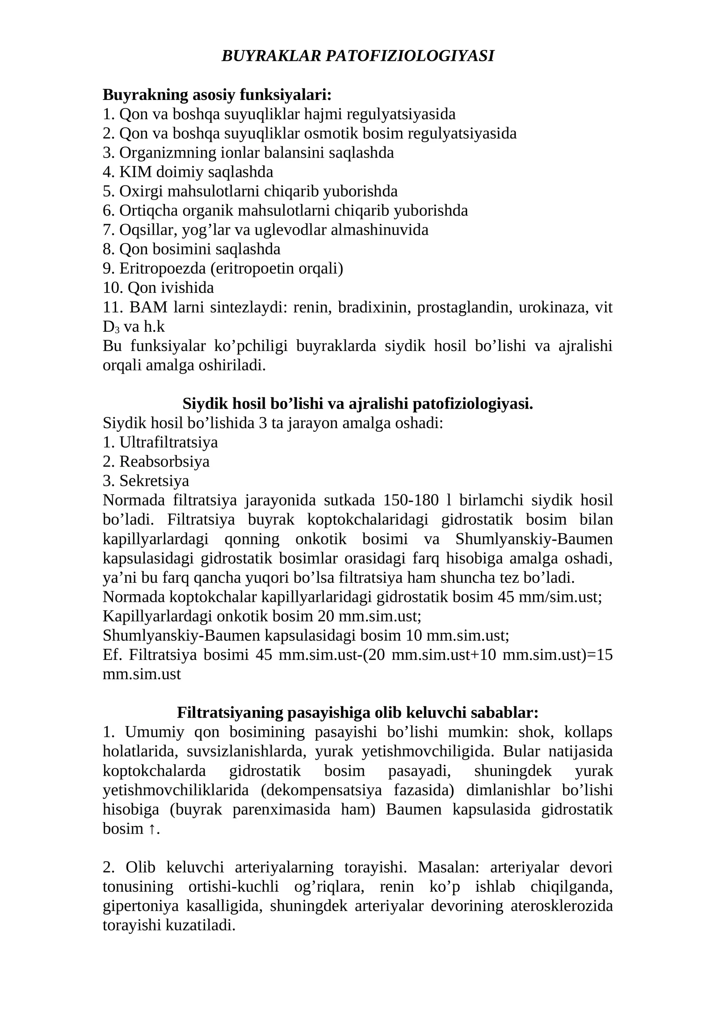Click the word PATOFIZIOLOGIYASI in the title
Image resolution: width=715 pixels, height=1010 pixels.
(x=410, y=56)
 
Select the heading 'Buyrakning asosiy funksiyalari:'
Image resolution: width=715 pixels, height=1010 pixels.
(x=217, y=95)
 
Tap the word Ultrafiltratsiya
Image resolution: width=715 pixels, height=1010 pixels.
(x=168, y=442)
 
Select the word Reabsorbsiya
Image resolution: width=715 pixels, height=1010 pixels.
(x=164, y=461)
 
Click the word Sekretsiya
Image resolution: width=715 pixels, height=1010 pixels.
(x=154, y=481)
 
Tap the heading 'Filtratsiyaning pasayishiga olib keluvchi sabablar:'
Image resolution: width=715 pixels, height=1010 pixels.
(x=357, y=713)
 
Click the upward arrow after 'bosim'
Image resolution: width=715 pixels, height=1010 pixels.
(x=151, y=829)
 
